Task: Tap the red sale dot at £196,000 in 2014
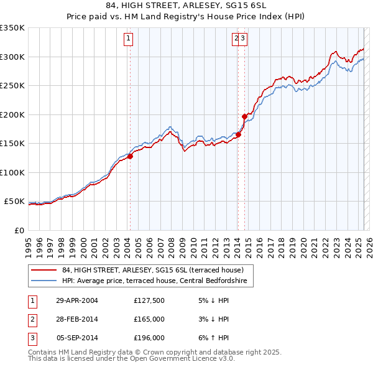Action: point(245,116)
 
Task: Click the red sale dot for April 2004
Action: point(131,157)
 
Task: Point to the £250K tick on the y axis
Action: point(12,85)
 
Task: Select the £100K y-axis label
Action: point(12,172)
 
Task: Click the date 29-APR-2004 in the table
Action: point(77,301)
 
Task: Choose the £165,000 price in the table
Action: point(149,320)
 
